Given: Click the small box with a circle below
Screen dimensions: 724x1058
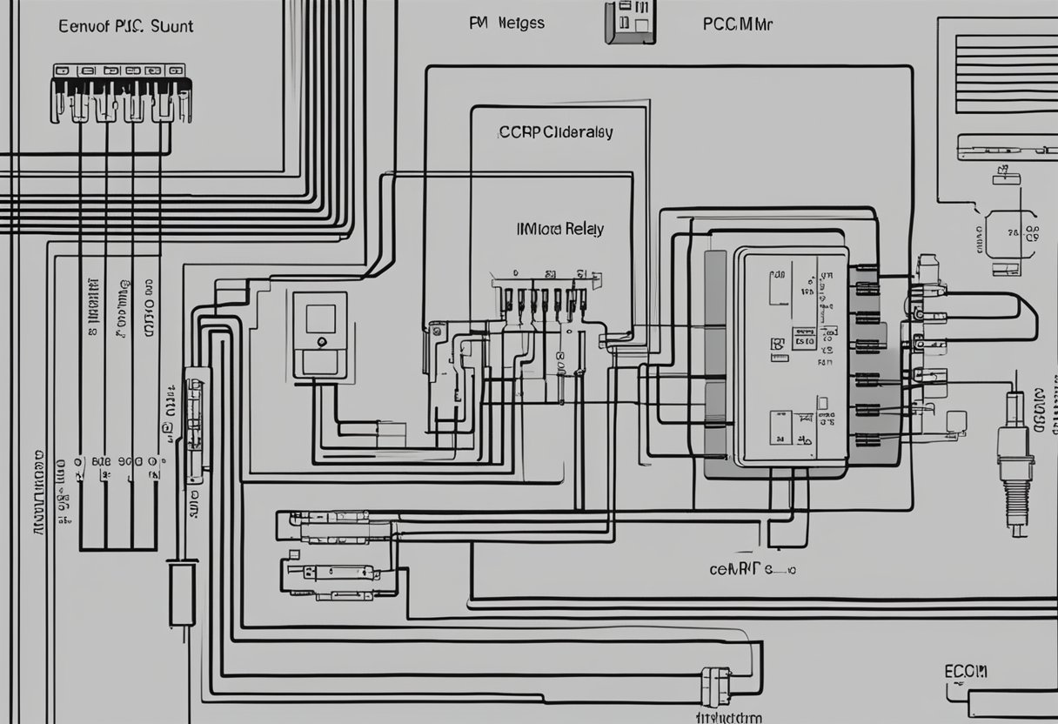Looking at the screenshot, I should [x=319, y=334].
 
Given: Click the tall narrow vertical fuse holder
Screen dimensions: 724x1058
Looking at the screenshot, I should [x=196, y=426].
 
